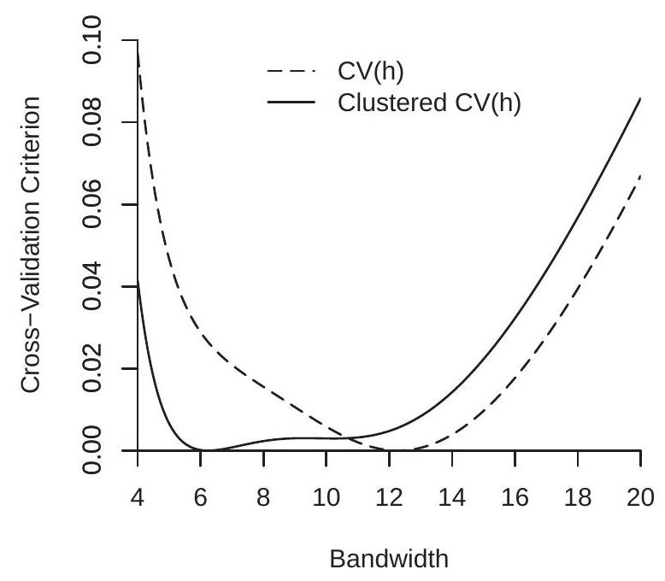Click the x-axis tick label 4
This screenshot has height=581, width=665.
[x=138, y=496]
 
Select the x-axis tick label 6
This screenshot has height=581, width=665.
[x=200, y=496]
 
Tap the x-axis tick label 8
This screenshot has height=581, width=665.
[x=263, y=496]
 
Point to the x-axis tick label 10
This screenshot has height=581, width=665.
[x=326, y=496]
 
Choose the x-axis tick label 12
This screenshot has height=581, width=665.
[x=389, y=496]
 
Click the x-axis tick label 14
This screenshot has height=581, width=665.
[x=451, y=496]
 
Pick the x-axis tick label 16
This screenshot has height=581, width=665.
[x=515, y=496]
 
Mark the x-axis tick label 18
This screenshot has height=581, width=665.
[x=577, y=496]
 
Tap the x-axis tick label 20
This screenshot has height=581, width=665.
[x=640, y=496]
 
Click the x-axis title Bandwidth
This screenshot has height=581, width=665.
[x=389, y=560]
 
